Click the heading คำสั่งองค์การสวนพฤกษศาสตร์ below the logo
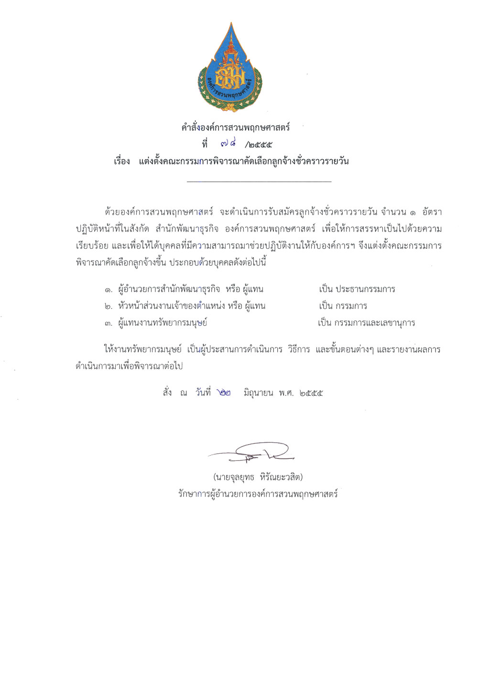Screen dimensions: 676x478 [x=236, y=128]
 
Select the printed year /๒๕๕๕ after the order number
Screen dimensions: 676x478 [x=258, y=144]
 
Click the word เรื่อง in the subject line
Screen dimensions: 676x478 [x=122, y=161]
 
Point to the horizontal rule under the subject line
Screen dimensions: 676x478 [x=259, y=182]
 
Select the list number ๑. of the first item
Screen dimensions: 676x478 [x=109, y=290]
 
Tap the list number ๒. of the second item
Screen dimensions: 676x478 [x=109, y=306]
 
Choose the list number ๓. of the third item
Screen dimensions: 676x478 [x=109, y=324]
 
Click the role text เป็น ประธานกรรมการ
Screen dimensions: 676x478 [x=357, y=289]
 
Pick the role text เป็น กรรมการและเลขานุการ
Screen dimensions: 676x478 [x=366, y=323]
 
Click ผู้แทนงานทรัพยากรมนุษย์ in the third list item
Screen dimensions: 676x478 [x=163, y=323]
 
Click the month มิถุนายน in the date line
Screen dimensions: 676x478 [x=258, y=393]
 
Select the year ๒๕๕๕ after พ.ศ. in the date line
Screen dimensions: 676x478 [x=311, y=393]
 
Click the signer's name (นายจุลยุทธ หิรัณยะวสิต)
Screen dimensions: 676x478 [x=258, y=477]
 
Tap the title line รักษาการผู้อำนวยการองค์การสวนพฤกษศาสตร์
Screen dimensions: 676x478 [x=258, y=494]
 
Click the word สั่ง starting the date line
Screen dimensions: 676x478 [x=167, y=393]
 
